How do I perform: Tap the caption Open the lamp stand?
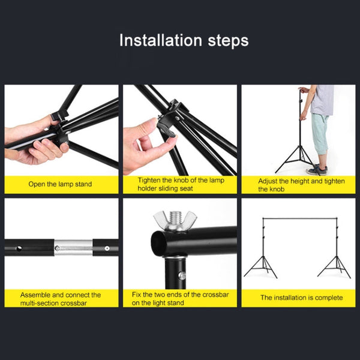(x=60, y=184)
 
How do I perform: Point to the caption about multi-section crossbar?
(x=60, y=299)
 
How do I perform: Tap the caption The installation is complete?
(x=301, y=298)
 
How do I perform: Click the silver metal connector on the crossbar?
(x=74, y=247)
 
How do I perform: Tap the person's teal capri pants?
(x=320, y=133)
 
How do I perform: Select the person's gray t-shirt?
(x=322, y=99)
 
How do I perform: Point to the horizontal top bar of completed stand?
(x=300, y=218)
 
